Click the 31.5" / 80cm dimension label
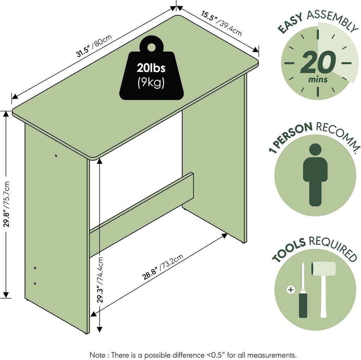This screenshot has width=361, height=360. coord(94,46)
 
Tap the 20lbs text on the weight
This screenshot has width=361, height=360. coord(151,68)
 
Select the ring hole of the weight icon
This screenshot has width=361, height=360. coord(151,47)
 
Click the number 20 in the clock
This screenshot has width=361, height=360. coord(318,62)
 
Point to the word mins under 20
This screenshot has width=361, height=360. coord(318,80)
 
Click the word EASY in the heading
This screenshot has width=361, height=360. coord(290,23)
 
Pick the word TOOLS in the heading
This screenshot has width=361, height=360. coord(289,250)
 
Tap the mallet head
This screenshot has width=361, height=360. coord(323,269)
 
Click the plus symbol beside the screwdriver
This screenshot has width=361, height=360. coord(291,289)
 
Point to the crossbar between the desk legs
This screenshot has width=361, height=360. coord(141,215)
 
